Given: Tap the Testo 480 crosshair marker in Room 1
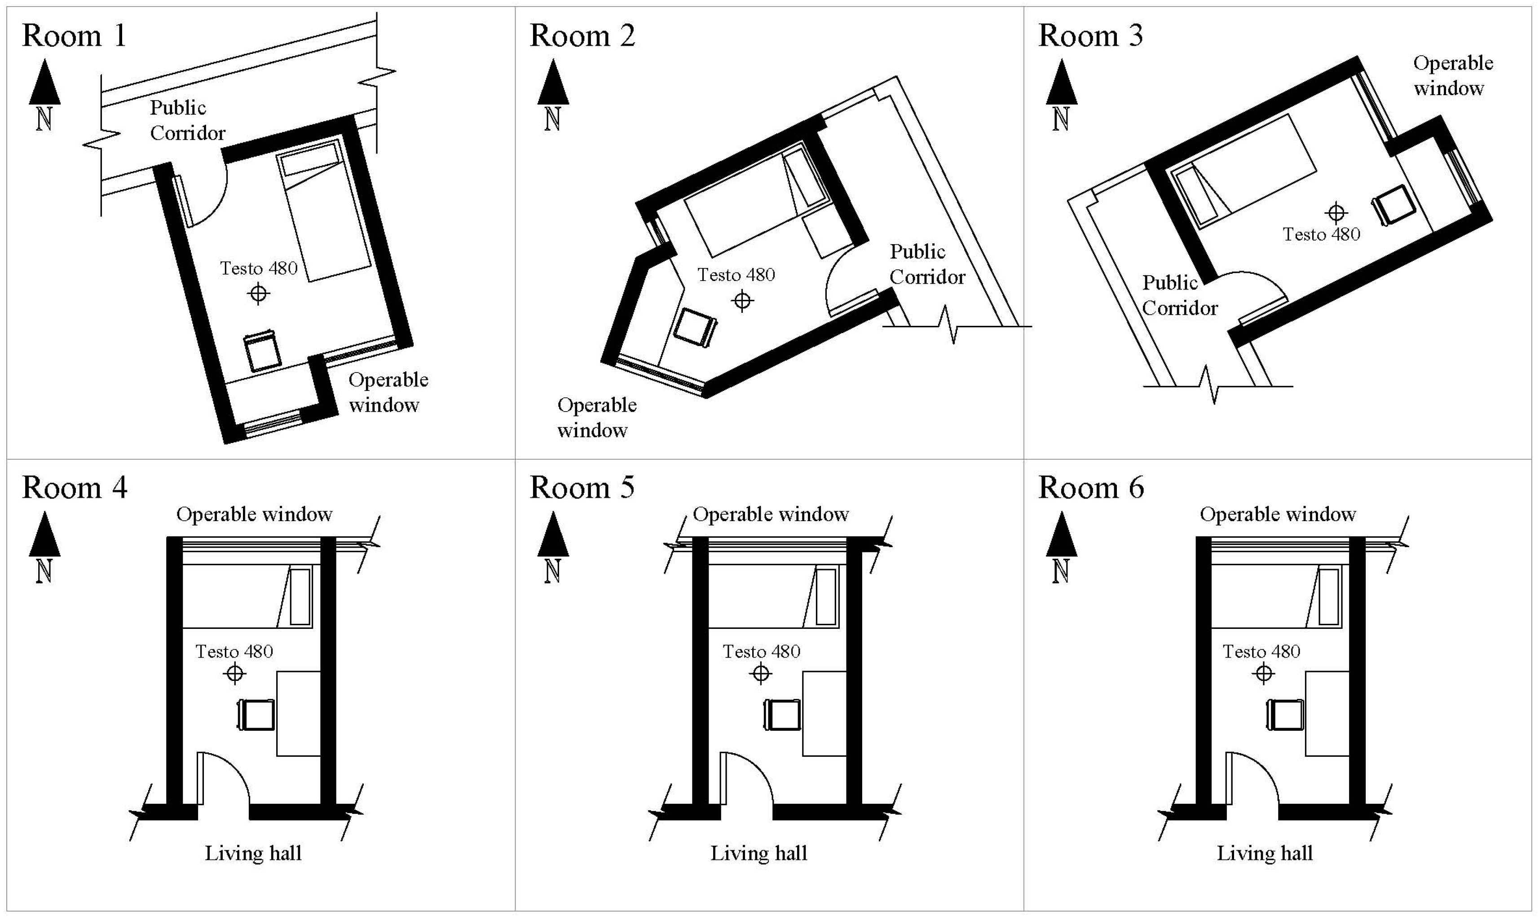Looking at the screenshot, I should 258,293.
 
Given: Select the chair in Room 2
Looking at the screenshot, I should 695,328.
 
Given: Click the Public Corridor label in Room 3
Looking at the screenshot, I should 1179,295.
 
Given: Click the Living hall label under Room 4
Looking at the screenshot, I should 253,853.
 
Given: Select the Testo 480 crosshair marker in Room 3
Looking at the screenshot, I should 1336,213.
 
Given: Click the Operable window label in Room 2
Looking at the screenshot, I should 596,417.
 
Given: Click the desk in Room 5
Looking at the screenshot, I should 824,713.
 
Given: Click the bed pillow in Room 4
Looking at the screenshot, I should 300,597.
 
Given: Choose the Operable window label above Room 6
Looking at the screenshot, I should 1278,514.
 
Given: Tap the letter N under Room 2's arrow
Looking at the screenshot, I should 552,118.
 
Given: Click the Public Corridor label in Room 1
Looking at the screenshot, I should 187,120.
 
